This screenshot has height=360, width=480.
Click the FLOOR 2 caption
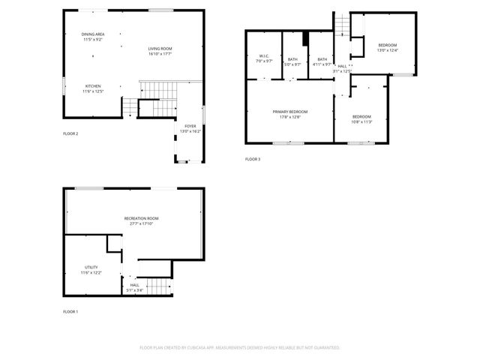tap(70, 133)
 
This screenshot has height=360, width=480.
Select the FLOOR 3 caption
tap(253, 159)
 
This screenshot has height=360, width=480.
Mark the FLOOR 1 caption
tap(70, 311)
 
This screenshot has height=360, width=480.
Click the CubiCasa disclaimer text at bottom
tap(240, 347)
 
